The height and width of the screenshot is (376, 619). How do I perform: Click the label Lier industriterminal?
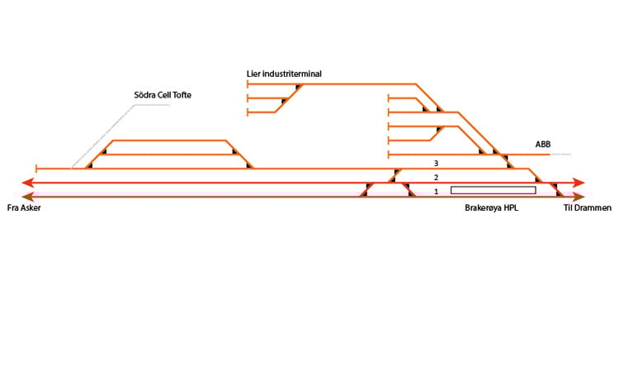click(284, 74)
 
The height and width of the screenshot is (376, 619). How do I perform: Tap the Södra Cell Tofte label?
click(163, 95)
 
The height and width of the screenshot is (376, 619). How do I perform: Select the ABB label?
click(543, 145)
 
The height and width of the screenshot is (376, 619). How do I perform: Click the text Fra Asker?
click(24, 208)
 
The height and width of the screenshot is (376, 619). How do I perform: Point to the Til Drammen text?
click(588, 208)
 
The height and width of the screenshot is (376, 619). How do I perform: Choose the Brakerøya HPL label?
click(491, 208)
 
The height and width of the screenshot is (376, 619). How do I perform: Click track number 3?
click(436, 164)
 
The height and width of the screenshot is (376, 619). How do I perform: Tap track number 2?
click(436, 178)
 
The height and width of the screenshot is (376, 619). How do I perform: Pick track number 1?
click(436, 192)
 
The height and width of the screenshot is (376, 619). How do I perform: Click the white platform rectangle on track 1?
click(493, 190)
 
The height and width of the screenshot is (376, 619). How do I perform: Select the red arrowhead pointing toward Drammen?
click(579, 183)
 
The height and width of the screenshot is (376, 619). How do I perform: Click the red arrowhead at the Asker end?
click(27, 183)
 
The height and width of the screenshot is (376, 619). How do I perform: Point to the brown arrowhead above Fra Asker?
click(27, 197)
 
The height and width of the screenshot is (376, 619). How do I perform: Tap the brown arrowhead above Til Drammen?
click(579, 197)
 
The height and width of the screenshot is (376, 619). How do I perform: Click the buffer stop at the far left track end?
click(36, 169)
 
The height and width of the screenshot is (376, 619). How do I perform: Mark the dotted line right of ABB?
click(560, 155)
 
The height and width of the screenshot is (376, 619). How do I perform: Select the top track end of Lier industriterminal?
click(248, 84)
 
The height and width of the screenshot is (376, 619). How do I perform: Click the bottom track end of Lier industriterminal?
click(248, 112)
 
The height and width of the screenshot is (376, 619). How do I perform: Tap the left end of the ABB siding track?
click(389, 155)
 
